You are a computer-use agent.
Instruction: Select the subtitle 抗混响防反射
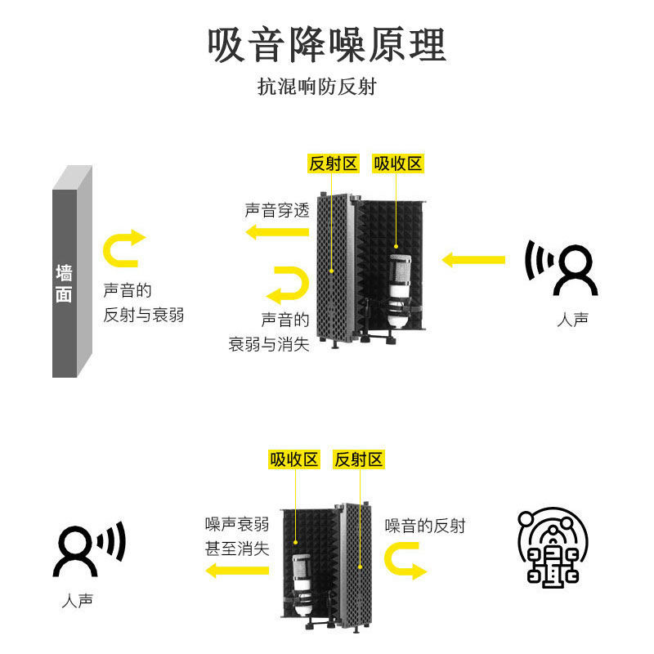[x=317, y=87]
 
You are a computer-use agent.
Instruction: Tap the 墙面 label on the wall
[x=64, y=284]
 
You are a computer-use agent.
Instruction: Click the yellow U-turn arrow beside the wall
[x=123, y=249]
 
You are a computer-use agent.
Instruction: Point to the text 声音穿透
[x=277, y=210]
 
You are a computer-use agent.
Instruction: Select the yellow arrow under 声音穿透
[x=278, y=233]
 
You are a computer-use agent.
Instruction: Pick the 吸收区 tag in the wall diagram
[x=398, y=163]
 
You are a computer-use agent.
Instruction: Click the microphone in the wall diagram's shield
[x=398, y=290]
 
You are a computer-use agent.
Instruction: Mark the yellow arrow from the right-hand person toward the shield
[x=473, y=260]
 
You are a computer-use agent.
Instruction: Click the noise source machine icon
[x=553, y=547]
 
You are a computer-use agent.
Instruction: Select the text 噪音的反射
[x=425, y=526]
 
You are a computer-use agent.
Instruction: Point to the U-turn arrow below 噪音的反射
[x=406, y=562]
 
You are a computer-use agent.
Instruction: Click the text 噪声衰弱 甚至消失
[x=237, y=536]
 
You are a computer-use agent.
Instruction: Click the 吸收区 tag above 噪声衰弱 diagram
[x=294, y=459]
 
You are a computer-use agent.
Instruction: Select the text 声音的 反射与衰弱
[x=143, y=302]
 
